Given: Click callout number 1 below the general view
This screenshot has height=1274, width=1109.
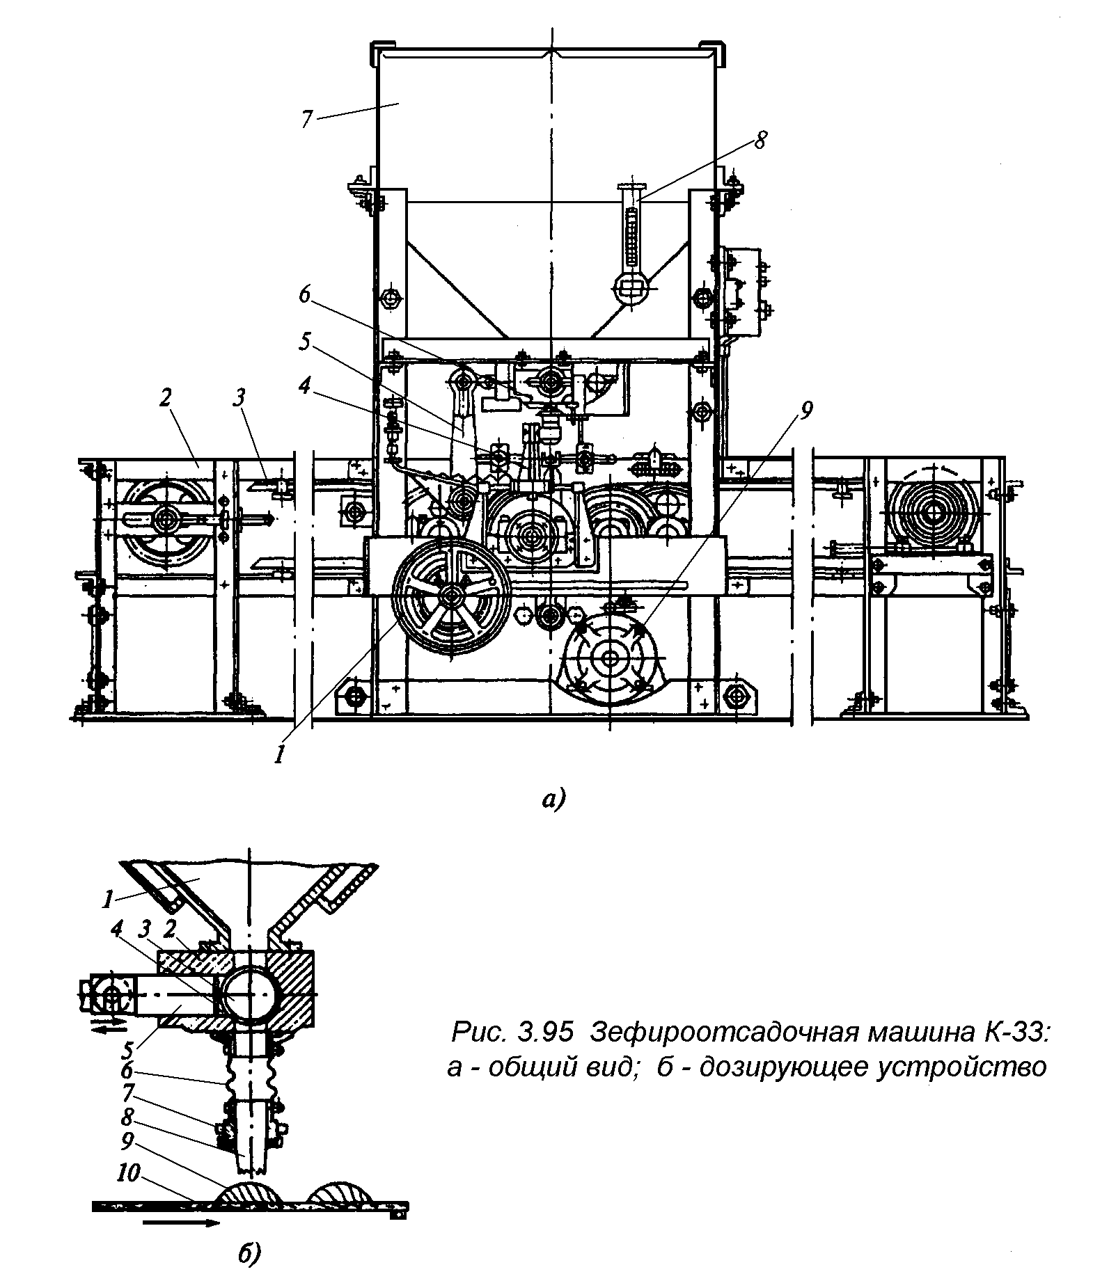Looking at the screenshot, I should pos(280,754).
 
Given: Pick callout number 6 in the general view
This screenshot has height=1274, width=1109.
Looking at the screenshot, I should pos(304,294).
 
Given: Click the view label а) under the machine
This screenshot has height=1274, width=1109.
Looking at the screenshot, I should pos(554,799).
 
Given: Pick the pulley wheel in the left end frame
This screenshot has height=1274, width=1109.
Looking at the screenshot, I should pos(166,518).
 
